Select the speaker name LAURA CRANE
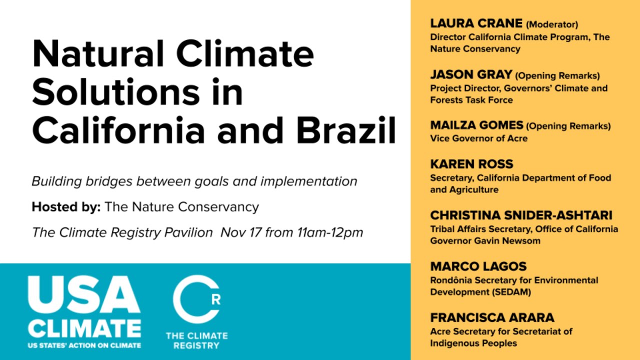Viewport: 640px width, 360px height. click(x=476, y=23)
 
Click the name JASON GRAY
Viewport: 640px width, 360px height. click(x=471, y=75)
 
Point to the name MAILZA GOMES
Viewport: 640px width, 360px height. click(x=476, y=125)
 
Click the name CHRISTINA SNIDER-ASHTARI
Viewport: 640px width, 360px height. click(x=521, y=215)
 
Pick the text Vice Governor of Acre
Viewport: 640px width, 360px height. click(x=478, y=138)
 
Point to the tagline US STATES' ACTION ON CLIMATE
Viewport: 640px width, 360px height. click(x=84, y=345)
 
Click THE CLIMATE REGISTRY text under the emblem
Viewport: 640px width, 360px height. click(x=196, y=340)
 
